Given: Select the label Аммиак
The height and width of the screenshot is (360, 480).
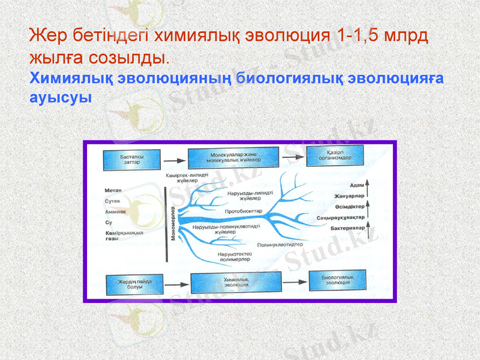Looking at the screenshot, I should pyautogui.click(x=115, y=212).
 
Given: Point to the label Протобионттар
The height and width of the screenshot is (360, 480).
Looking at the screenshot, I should pyautogui.click(x=244, y=212).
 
